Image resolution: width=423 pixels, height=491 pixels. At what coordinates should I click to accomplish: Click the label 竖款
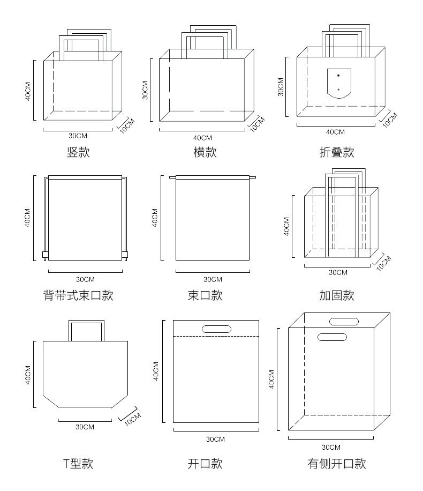tap(78, 152)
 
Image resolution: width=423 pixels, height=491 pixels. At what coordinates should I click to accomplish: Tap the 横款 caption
tap(205, 152)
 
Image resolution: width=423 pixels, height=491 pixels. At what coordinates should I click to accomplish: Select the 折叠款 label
tap(336, 152)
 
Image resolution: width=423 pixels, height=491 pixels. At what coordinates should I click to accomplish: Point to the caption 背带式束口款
tap(78, 295)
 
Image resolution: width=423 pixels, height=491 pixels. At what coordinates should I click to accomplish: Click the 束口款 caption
tap(205, 295)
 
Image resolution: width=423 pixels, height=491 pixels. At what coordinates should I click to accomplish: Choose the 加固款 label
tap(336, 295)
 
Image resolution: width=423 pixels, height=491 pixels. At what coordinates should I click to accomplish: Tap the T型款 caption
tap(78, 463)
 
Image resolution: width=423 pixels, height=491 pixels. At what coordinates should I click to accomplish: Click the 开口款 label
tap(205, 463)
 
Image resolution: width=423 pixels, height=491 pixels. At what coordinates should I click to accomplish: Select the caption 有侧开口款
tap(336, 463)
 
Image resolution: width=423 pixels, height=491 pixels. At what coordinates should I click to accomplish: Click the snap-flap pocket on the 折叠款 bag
tap(338, 83)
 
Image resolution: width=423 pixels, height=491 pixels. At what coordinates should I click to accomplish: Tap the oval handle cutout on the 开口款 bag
tap(216, 329)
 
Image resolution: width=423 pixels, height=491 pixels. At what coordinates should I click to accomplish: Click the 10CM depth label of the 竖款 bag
tap(127, 125)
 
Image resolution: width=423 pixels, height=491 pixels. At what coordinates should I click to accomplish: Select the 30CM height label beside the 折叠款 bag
tap(280, 86)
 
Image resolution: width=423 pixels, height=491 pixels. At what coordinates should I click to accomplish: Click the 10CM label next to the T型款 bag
tap(132, 419)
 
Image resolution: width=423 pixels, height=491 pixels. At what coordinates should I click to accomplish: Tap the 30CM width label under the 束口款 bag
tap(213, 279)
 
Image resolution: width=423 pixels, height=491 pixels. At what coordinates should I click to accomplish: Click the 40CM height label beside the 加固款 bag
tap(286, 226)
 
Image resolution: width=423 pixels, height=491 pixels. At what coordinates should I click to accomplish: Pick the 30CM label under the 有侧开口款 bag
tap(331, 447)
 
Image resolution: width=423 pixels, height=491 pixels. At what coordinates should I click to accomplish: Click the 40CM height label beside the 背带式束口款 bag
tap(27, 217)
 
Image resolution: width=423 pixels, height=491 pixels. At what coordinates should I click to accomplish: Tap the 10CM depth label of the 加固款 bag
tap(383, 263)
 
